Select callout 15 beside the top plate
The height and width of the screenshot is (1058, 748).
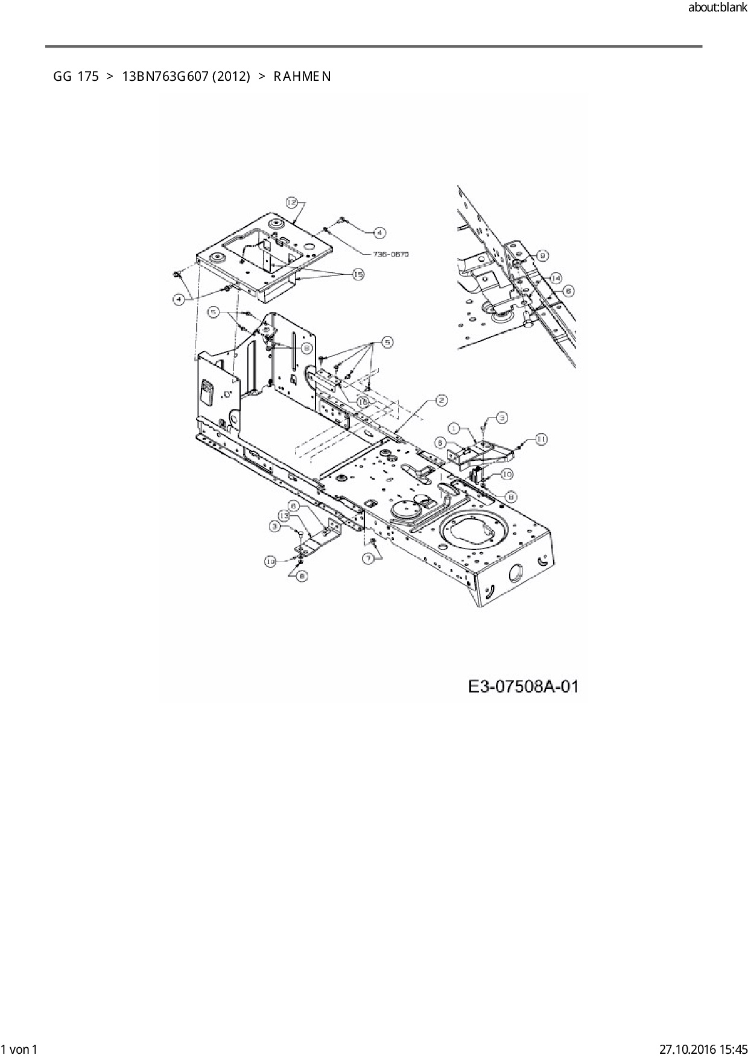point(358,274)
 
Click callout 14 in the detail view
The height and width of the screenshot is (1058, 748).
point(555,277)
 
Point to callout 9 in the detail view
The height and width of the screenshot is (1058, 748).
point(542,256)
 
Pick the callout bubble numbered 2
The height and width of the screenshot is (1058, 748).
point(441,401)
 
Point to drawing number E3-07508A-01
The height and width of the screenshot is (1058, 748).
point(523,686)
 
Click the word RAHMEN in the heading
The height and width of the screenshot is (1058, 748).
point(302,77)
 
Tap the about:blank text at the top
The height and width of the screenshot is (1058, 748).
point(717,8)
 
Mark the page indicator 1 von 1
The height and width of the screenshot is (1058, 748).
point(20,1050)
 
